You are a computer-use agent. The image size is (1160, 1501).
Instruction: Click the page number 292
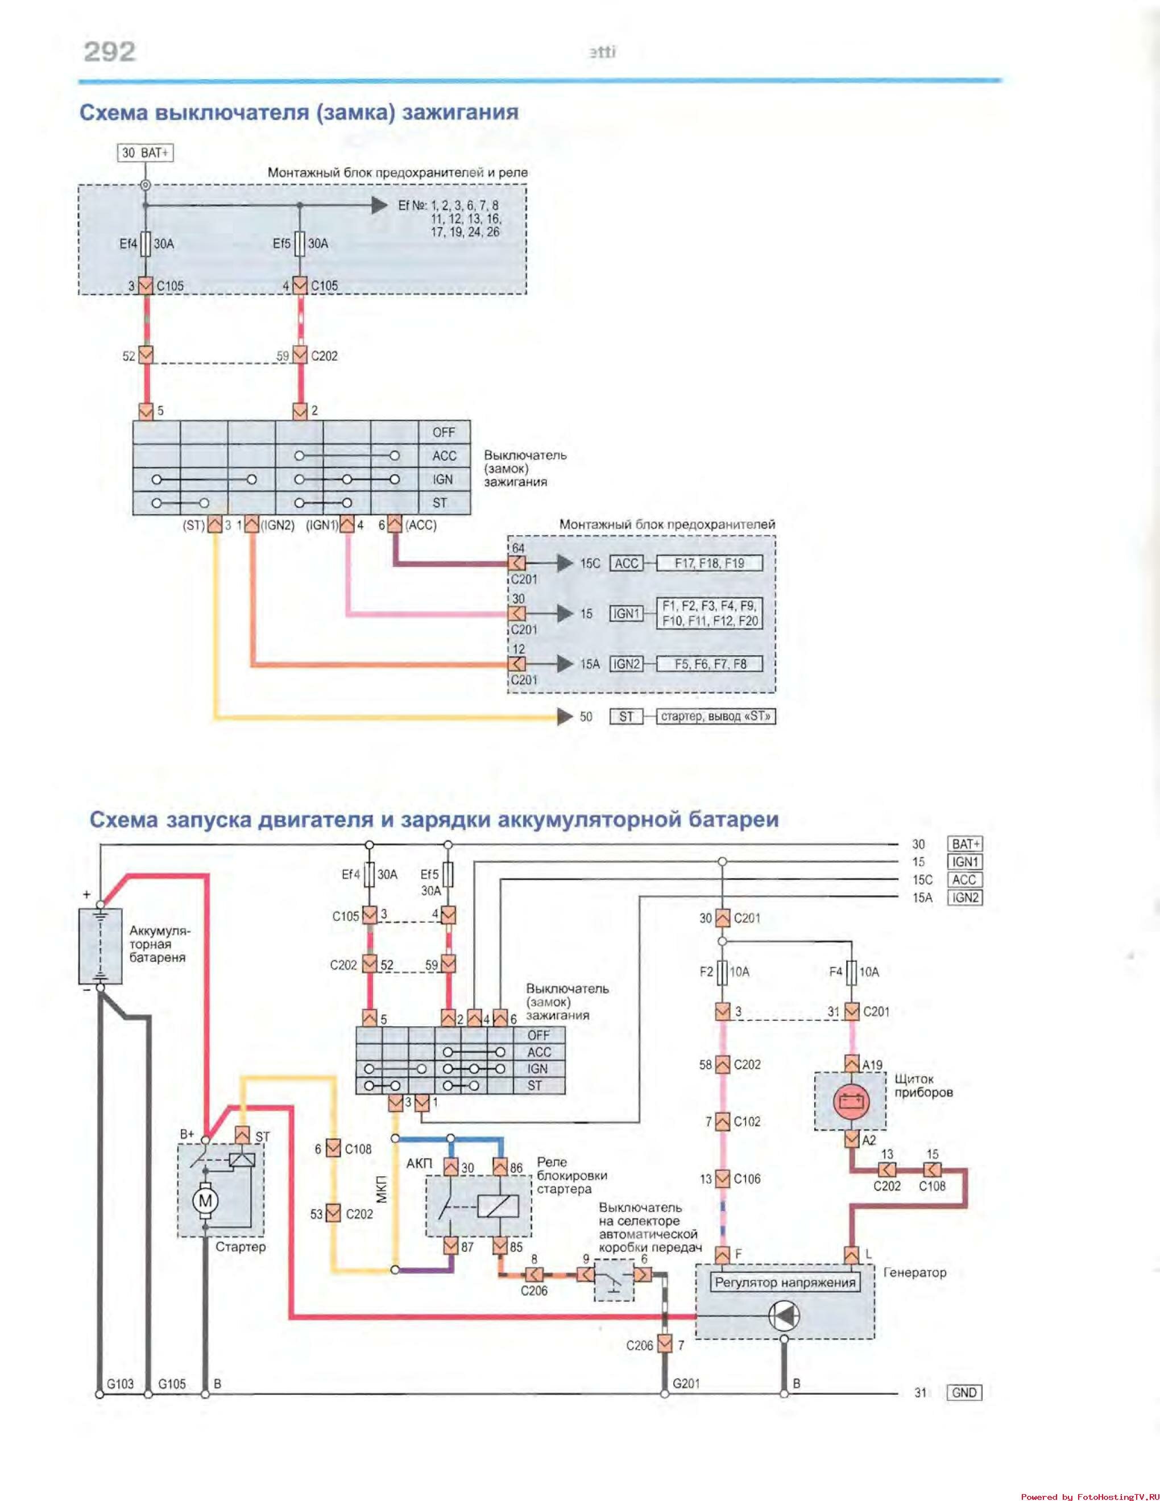(x=109, y=52)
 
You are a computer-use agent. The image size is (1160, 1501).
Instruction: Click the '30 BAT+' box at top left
(x=145, y=152)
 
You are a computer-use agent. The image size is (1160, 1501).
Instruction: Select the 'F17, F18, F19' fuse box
(x=709, y=564)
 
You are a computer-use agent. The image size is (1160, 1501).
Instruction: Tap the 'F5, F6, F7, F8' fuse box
(x=709, y=664)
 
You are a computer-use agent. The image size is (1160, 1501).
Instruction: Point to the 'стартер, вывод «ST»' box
(x=715, y=716)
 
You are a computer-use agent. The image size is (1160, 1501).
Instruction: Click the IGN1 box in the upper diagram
(x=626, y=614)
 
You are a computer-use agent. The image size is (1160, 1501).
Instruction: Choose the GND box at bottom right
(x=964, y=1392)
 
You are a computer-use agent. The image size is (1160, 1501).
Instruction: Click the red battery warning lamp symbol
(x=851, y=1102)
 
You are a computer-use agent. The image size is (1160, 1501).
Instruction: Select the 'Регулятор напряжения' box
(x=785, y=1282)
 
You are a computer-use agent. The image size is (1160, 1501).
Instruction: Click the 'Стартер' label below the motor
(x=240, y=1247)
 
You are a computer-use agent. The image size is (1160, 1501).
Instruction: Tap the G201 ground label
(x=686, y=1383)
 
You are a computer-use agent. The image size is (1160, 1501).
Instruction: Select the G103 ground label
(x=120, y=1383)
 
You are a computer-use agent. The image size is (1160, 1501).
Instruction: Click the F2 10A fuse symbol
(x=722, y=972)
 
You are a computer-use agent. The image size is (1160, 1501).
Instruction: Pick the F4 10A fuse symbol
(x=851, y=972)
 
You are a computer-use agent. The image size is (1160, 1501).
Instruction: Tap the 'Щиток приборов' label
(x=923, y=1085)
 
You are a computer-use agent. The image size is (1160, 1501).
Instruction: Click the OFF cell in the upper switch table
(x=444, y=432)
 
